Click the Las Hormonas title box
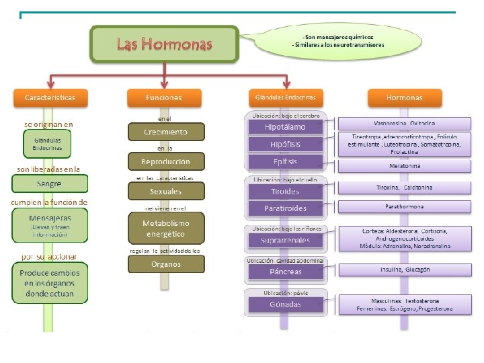(x=165, y=44)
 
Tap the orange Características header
(x=50, y=98)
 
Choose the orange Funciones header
(x=163, y=98)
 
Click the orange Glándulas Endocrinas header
(x=286, y=97)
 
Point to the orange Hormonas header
(x=405, y=98)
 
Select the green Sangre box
(x=49, y=184)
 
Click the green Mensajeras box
(x=49, y=225)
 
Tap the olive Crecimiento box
(x=165, y=132)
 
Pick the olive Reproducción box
(x=165, y=162)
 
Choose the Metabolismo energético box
(x=165, y=229)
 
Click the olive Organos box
(x=165, y=264)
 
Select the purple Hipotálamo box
(x=285, y=126)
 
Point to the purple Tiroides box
(x=285, y=191)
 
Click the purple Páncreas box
(x=284, y=272)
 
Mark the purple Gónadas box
(x=284, y=305)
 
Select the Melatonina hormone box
(x=405, y=165)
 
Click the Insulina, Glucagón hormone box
(x=405, y=270)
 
